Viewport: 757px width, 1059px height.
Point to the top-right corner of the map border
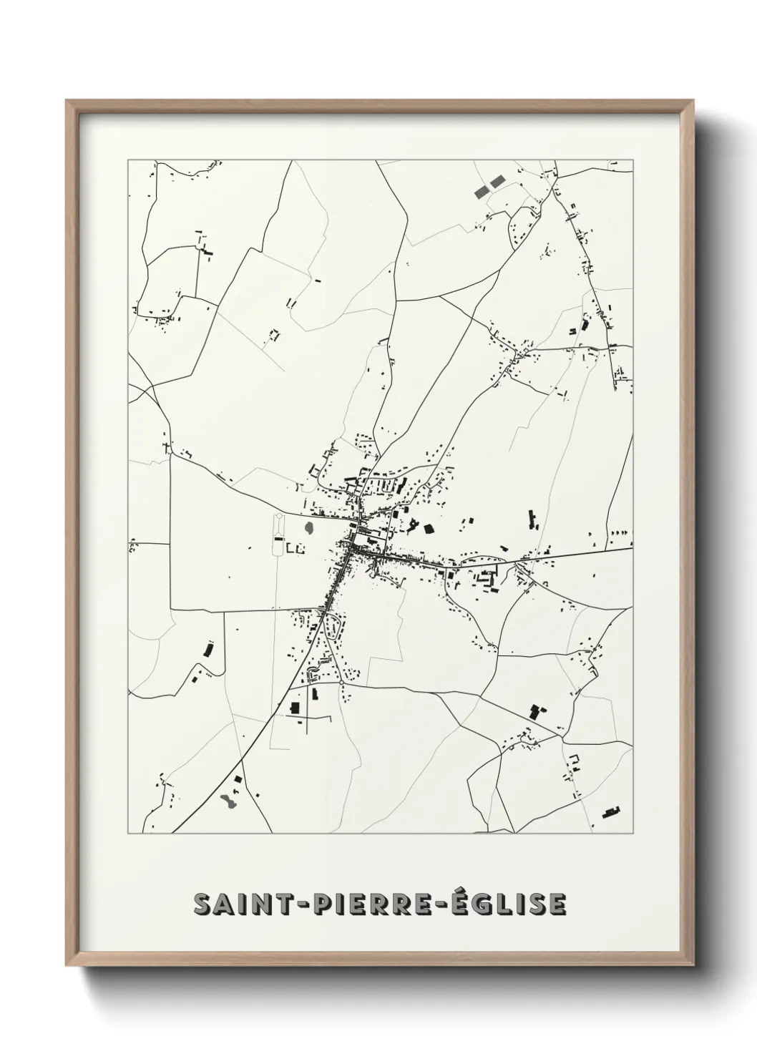click(633, 160)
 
